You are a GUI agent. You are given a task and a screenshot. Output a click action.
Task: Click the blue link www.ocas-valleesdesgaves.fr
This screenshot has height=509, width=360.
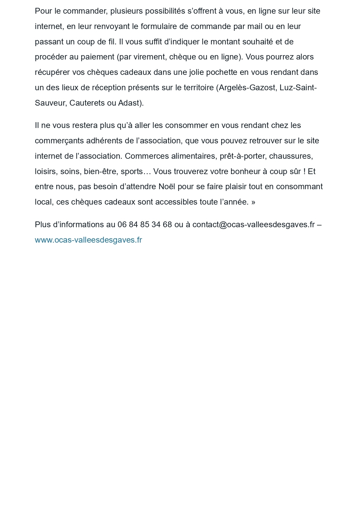pyautogui.click(x=88, y=240)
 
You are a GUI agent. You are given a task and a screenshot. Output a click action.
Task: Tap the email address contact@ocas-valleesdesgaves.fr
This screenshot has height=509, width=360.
pyautogui.click(x=253, y=225)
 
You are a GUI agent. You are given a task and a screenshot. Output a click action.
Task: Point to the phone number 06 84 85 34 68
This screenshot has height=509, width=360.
pyautogui.click(x=145, y=225)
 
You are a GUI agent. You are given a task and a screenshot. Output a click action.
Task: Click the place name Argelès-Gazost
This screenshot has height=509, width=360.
pyautogui.click(x=247, y=88)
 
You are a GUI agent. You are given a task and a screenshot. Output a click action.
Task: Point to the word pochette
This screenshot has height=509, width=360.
pyautogui.click(x=222, y=72)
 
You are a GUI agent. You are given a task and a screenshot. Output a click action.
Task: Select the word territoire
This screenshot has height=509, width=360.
pyautogui.click(x=199, y=88)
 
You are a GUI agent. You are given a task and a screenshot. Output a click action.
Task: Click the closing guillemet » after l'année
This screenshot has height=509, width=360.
pyautogui.click(x=253, y=202)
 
